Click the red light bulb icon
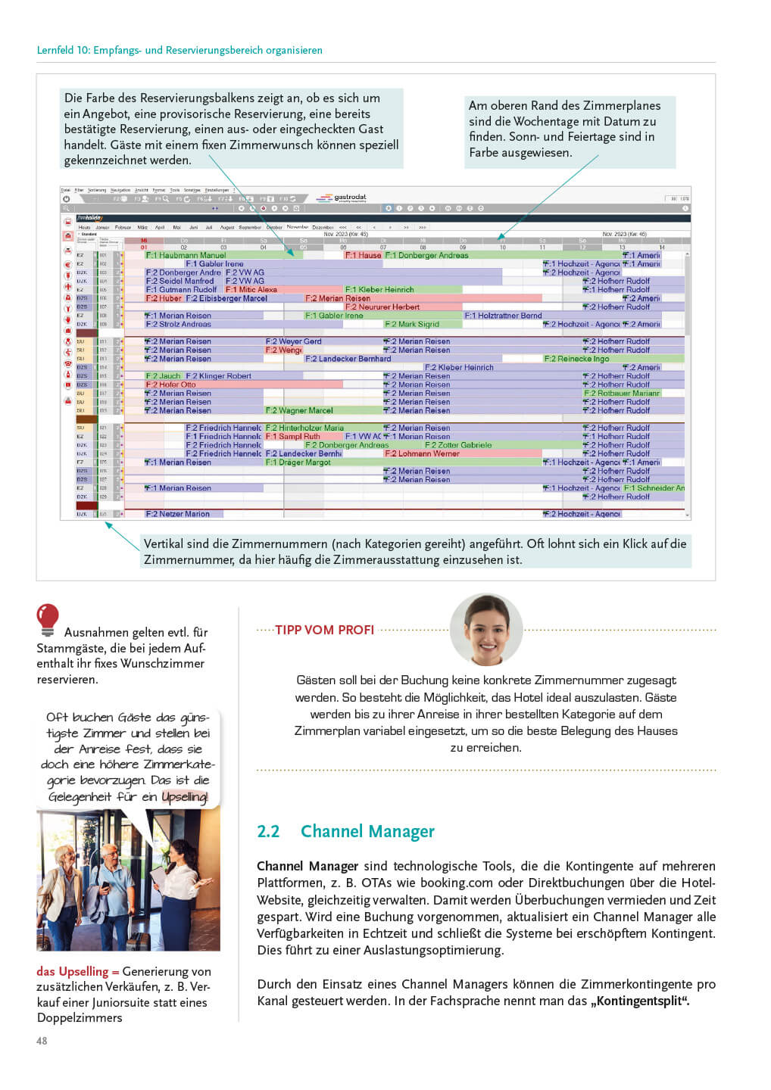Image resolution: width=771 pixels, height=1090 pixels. point(47,618)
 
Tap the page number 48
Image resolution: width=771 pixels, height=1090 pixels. point(42,1041)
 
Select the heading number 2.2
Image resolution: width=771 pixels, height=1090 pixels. point(268,831)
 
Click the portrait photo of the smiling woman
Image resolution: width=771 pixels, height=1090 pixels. point(485,630)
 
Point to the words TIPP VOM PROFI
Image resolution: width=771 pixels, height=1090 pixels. point(324,630)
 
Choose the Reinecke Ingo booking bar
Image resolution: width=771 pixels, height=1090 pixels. point(576,359)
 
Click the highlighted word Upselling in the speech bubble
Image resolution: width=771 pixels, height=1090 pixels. point(184,796)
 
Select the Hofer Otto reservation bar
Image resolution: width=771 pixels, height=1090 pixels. point(177,385)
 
